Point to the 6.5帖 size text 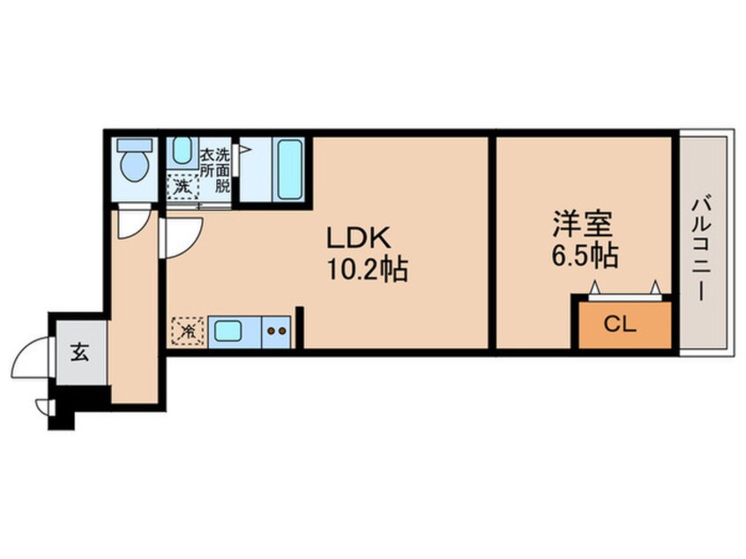pyautogui.click(x=585, y=256)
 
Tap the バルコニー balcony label pyautogui.click(x=705, y=243)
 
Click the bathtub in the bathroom pyautogui.click(x=290, y=169)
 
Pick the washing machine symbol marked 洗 pyautogui.click(x=182, y=187)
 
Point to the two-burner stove pyautogui.click(x=277, y=332)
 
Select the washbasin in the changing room pyautogui.click(x=182, y=152)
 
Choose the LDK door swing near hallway pyautogui.click(x=180, y=236)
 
